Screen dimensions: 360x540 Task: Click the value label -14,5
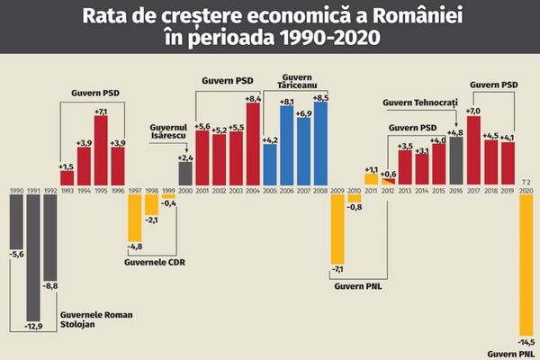pos(526,342)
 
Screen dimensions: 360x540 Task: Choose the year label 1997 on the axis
pos(135,192)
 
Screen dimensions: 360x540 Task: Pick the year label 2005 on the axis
pos(269,192)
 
